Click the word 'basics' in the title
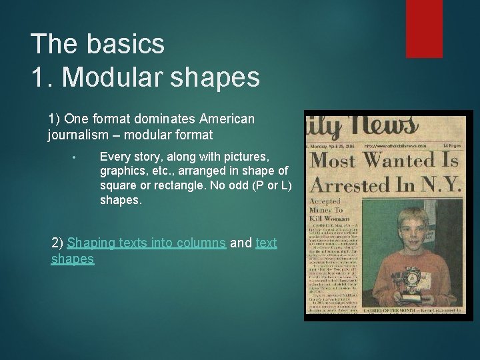point(125,44)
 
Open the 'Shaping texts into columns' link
point(146,243)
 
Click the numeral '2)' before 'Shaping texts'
point(58,243)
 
